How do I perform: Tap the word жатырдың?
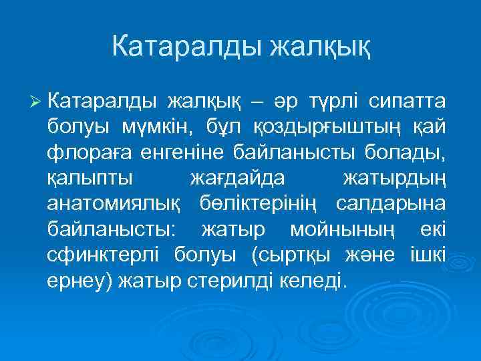tap(393, 178)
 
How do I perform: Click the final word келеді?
tap(313, 279)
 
